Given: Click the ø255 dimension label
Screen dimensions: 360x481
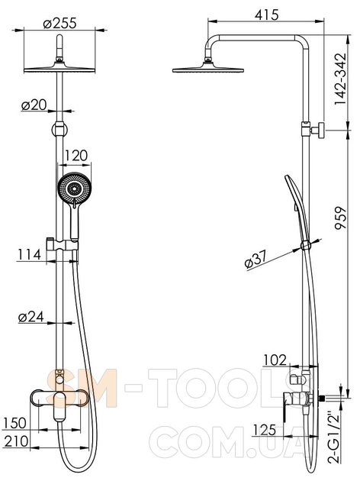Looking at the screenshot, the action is point(59,24).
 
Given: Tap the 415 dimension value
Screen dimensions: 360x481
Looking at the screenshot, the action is point(266,15).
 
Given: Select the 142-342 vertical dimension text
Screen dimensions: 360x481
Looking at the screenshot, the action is point(340,79).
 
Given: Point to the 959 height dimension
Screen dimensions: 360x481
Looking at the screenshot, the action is point(340,218).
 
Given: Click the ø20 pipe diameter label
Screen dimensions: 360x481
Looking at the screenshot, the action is point(34,105).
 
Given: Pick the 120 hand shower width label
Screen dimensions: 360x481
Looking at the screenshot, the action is point(75,156).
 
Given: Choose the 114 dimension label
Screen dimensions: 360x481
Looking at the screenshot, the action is point(29,254).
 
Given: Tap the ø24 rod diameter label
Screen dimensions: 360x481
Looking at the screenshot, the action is point(31,317).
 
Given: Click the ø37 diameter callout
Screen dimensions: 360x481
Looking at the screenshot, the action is point(256,260).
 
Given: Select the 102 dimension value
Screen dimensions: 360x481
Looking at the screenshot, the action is point(275,360).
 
